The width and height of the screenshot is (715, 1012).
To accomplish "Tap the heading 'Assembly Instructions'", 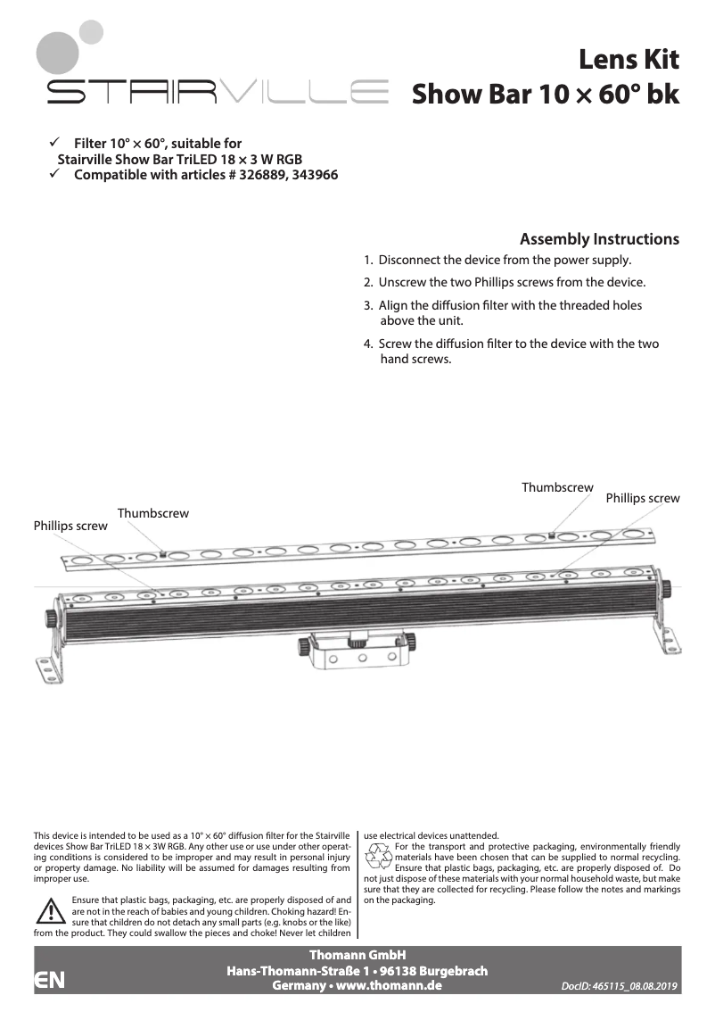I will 599,239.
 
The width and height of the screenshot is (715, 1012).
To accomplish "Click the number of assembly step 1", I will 368,261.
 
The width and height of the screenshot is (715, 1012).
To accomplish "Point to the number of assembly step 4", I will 368,344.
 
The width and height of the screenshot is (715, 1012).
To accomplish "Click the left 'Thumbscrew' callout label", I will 152,513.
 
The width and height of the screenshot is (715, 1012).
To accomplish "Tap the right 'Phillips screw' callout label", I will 642,498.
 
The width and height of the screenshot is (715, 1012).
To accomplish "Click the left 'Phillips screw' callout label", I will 70,526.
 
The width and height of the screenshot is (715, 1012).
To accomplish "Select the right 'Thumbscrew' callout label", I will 557,487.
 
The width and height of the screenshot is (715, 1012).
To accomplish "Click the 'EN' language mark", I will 49,980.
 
